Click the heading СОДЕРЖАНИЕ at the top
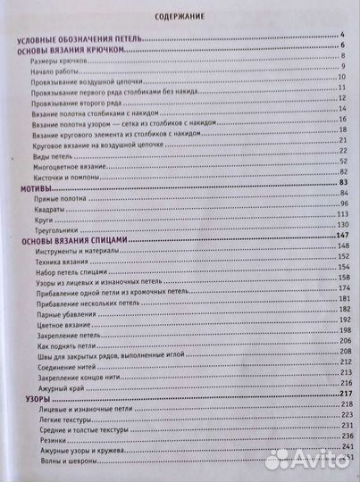click(x=180, y=14)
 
